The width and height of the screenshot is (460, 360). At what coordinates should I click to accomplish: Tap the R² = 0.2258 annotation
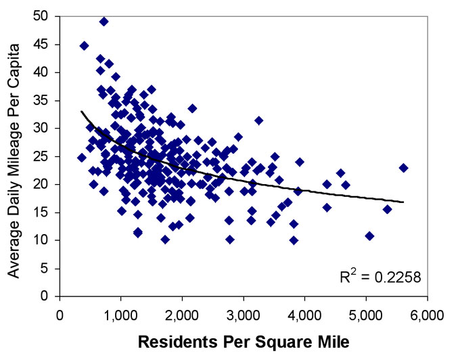pos(381,277)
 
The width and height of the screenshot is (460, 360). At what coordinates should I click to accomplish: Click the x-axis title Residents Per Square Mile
pos(244,342)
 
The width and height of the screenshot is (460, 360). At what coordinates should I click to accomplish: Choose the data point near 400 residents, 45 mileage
pos(85,46)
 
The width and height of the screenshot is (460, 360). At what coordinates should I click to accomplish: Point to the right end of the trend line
pos(404,202)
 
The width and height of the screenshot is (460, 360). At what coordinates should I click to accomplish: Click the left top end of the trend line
pos(81,112)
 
